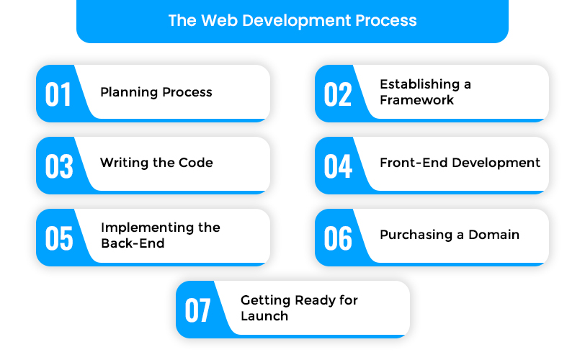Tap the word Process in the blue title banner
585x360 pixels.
[385, 20]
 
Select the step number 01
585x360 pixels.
[58, 94]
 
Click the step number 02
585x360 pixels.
[338, 94]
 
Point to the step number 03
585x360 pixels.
[59, 166]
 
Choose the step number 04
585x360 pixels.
[338, 166]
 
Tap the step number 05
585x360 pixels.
[59, 238]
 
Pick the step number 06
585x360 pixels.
[338, 238]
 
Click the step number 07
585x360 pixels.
[197, 310]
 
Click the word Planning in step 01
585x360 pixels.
[129, 92]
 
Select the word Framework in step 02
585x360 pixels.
[416, 100]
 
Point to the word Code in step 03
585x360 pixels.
[196, 163]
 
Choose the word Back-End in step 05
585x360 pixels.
[133, 243]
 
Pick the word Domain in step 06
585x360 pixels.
[494, 235]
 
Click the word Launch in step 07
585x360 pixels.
[264, 316]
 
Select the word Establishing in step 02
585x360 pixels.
[420, 84]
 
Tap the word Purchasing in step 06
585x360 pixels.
[416, 235]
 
